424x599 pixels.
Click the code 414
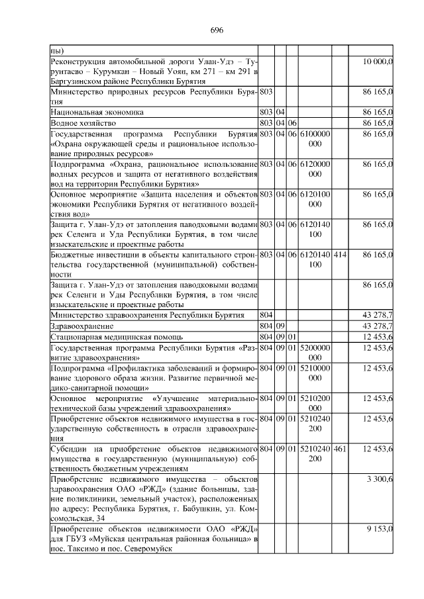pos(340,254)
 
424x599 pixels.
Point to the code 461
pos(340,449)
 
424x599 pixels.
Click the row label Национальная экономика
pos(97,113)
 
